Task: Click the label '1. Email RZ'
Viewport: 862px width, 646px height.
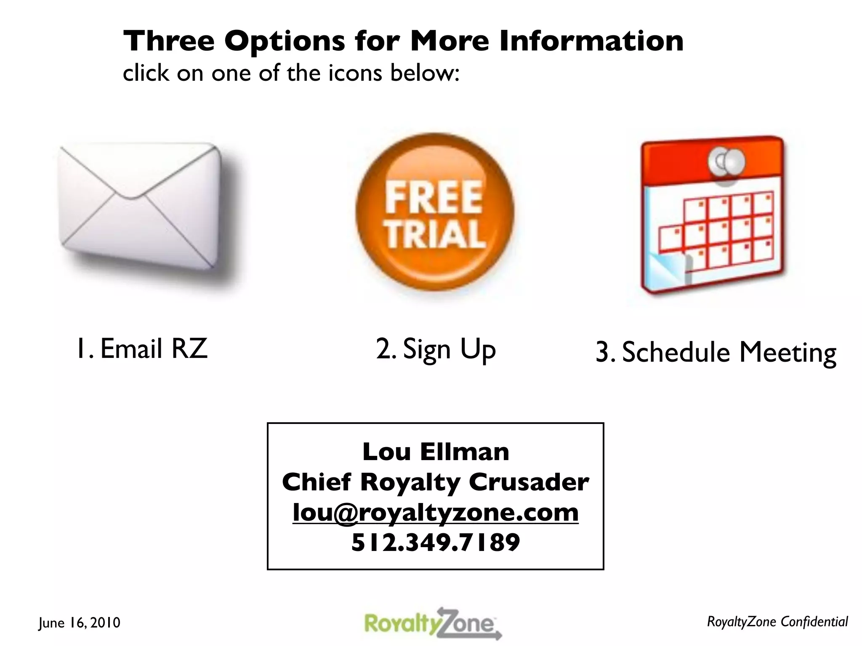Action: pos(142,349)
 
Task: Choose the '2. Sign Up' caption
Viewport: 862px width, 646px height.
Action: pos(436,349)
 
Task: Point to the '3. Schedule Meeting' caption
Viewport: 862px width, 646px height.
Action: pos(716,352)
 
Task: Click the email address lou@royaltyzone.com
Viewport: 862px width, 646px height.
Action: pos(436,512)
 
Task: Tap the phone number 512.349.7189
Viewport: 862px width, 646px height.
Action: pos(436,542)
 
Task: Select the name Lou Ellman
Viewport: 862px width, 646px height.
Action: pos(436,452)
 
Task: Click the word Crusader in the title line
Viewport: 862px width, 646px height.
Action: pos(529,482)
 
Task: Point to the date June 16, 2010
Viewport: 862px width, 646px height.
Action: pos(79,622)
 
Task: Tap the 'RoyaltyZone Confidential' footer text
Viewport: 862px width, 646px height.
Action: pos(777,622)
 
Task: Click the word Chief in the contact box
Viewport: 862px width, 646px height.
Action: pos(316,482)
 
